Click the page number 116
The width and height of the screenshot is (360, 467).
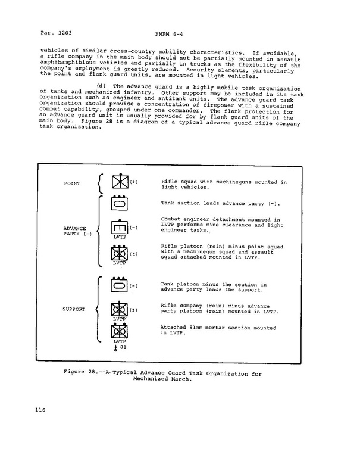click(41, 410)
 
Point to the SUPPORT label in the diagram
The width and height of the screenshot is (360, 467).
click(74, 309)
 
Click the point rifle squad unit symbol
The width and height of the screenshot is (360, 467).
click(120, 182)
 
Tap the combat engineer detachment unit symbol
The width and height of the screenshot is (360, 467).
click(120, 227)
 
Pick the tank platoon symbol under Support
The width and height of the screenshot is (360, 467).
click(120, 286)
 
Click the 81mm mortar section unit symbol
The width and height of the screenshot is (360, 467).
click(120, 331)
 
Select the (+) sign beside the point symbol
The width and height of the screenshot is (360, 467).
click(134, 181)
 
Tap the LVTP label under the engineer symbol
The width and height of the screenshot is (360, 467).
click(120, 237)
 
